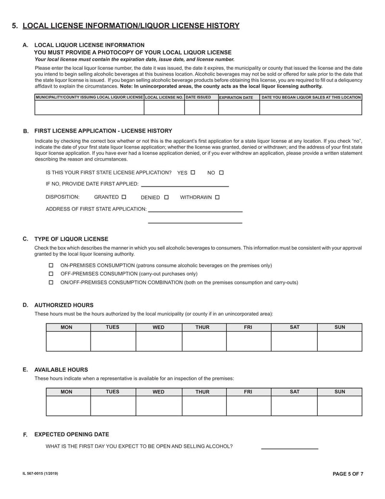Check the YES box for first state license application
pyautogui.click(x=193, y=172)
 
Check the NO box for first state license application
pyautogui.click(x=221, y=172)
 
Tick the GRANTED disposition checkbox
pyautogui.click(x=124, y=197)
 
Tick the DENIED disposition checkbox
pyautogui.click(x=167, y=197)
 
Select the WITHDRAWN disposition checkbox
pyautogui.click(x=217, y=197)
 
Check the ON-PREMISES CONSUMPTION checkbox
pyautogui.click(x=51, y=266)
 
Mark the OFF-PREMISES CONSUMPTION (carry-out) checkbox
pyautogui.click(x=51, y=274)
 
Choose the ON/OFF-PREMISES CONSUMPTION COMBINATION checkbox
pyautogui.click(x=51, y=283)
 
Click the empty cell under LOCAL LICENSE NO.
pyautogui.click(x=164, y=108)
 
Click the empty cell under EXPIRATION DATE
pyautogui.click(x=239, y=108)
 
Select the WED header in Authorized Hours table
pyautogui.click(x=158, y=327)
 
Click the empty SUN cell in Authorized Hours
pyautogui.click(x=339, y=341)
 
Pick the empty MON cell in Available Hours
pyautogui.click(x=68, y=405)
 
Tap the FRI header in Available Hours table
pyautogui.click(x=248, y=392)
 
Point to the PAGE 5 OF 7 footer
pyautogui.click(x=348, y=474)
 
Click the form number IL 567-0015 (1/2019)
pyautogui.click(x=40, y=474)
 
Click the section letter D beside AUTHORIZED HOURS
pyautogui.click(x=25, y=305)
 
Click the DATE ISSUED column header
pyautogui.click(x=198, y=97)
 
